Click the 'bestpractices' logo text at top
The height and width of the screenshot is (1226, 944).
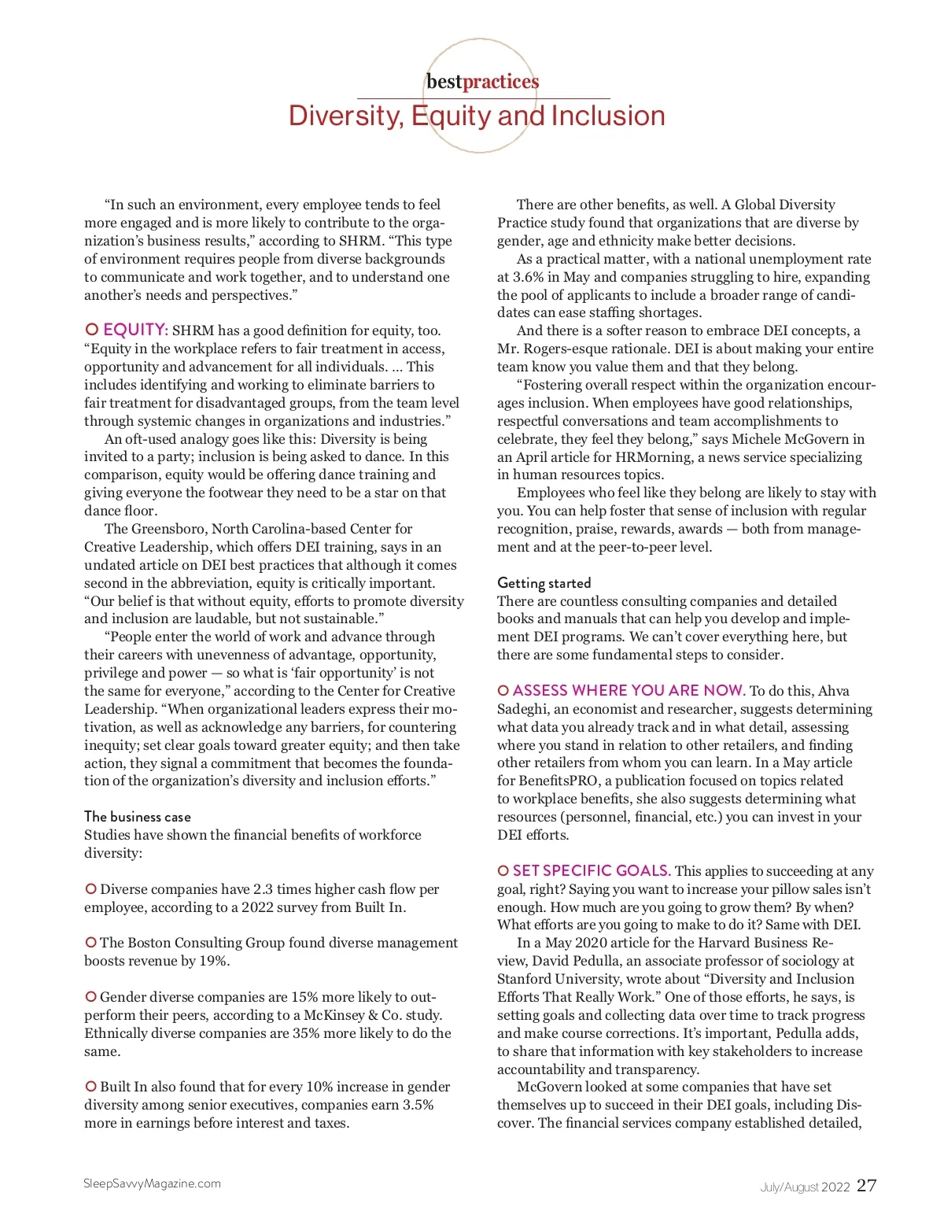[x=482, y=82]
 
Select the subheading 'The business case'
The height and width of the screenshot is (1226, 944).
[x=138, y=817]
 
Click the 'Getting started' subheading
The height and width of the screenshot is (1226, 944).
[x=544, y=583]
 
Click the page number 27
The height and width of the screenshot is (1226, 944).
[x=866, y=1186]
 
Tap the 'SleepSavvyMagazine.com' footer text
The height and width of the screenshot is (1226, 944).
[x=153, y=1184]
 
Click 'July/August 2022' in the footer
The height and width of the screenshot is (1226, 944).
[x=805, y=1187]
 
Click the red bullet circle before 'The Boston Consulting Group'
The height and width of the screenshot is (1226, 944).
[x=91, y=943]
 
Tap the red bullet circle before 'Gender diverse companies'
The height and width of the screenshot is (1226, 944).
[x=91, y=997]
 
